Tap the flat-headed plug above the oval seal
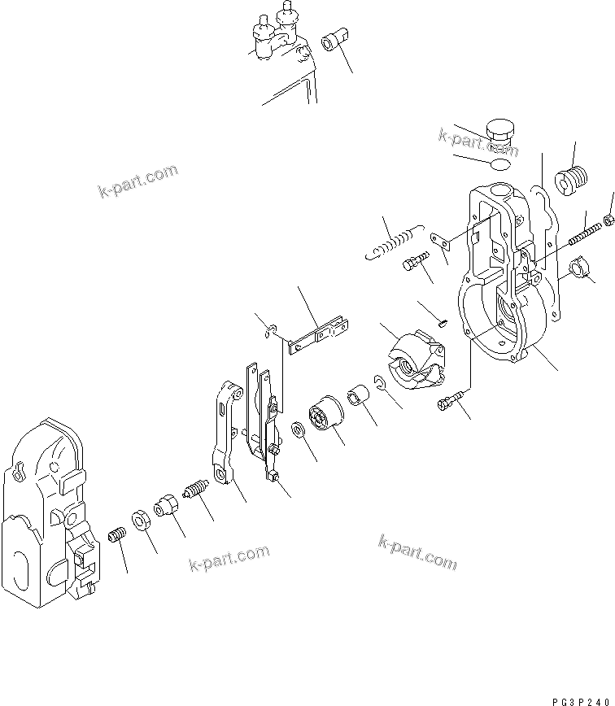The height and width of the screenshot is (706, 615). (499, 133)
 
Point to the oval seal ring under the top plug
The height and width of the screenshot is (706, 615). (500, 165)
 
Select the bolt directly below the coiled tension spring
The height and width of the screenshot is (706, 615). (414, 264)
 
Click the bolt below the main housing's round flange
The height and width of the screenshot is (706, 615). (451, 398)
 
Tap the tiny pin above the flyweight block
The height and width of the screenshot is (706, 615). (442, 321)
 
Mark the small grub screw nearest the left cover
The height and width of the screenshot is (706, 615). (117, 538)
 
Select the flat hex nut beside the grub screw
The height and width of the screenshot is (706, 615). (139, 520)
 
